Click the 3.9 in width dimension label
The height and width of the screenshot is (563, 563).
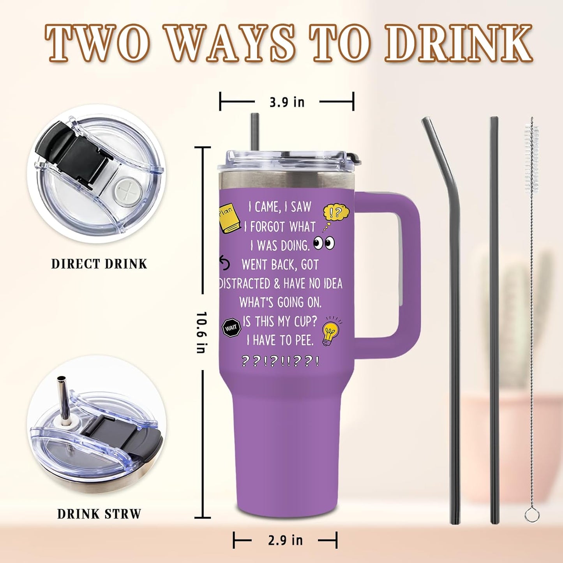coord(287,102)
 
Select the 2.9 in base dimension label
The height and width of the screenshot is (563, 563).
coord(285,540)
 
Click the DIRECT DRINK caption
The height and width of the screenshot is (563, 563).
coord(99,264)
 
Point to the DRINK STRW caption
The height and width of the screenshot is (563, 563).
coord(99,514)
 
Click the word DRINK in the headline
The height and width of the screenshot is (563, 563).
coord(459,43)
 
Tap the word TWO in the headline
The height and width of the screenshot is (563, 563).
coord(97,43)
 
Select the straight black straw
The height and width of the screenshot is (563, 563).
coord(494,319)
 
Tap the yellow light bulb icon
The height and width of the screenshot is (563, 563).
coord(330,332)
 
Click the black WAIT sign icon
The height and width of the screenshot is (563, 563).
coord(231,328)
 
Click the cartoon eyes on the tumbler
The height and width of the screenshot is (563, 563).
coord(324,243)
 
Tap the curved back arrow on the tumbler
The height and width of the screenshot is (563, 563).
coord(224,263)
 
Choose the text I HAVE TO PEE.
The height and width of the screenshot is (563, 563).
coord(280,340)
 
